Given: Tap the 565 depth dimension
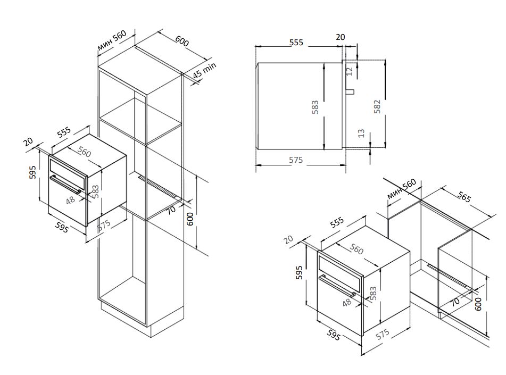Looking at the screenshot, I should pyautogui.click(x=464, y=197).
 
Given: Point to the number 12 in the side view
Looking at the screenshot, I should pyautogui.click(x=350, y=71).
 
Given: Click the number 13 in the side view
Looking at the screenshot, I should pyautogui.click(x=362, y=133).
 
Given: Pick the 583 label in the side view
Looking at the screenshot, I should pyautogui.click(x=315, y=106).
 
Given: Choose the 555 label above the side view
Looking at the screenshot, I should pyautogui.click(x=296, y=42).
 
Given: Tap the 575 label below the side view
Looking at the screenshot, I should pyautogui.click(x=296, y=160).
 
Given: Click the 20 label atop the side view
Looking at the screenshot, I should pyautogui.click(x=341, y=37).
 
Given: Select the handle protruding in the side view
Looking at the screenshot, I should pyautogui.click(x=351, y=91).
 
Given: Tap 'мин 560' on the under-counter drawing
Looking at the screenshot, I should pyautogui.click(x=401, y=189).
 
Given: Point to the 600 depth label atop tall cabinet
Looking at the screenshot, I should pyautogui.click(x=181, y=41).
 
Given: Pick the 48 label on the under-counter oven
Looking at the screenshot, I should pyautogui.click(x=346, y=302).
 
